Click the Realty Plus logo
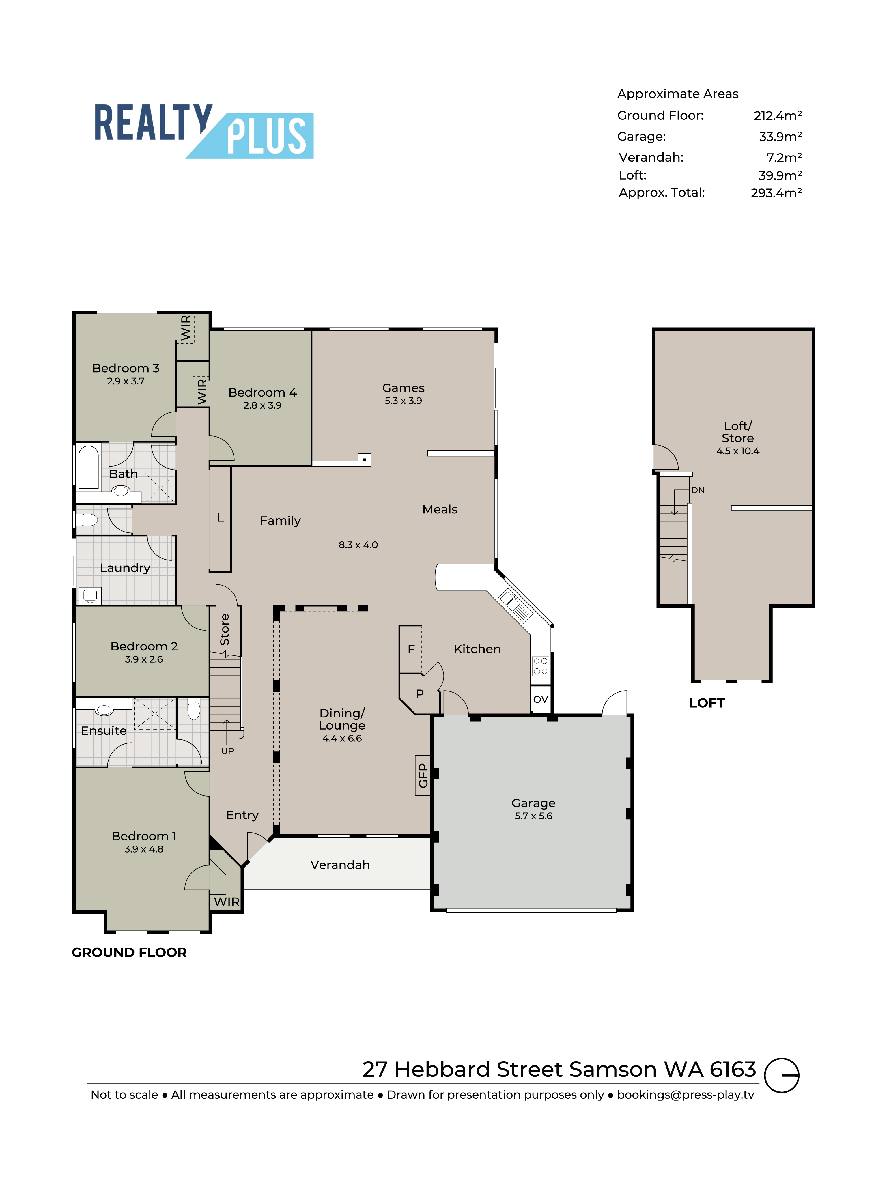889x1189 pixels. (x=204, y=131)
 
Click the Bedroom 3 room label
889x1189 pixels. (x=126, y=368)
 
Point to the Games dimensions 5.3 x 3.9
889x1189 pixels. (x=403, y=401)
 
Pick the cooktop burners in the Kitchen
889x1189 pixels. (x=540, y=666)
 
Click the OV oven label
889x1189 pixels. (x=541, y=699)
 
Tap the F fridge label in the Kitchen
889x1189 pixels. (x=411, y=649)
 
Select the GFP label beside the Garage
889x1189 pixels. (x=423, y=776)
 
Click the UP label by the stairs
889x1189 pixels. (x=227, y=751)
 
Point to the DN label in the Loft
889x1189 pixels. (x=698, y=490)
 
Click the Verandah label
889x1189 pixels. (x=340, y=865)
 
